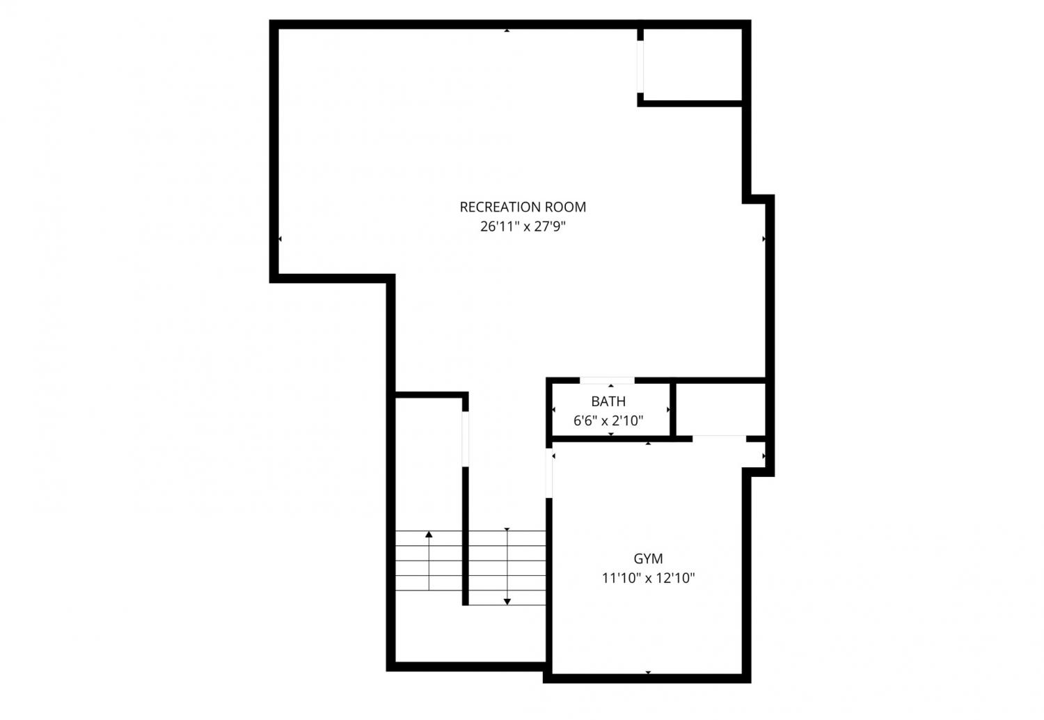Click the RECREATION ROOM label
[x=523, y=207]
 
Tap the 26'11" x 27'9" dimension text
[x=523, y=226]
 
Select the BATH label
[x=608, y=401]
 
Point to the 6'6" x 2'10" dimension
[x=608, y=421]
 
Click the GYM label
[x=648, y=558]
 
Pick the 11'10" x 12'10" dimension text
[x=648, y=578]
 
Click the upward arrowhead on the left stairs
[x=429, y=534]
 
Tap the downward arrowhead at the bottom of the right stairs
[x=507, y=602]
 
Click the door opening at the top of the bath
[x=607, y=380]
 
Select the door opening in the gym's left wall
[x=549, y=473]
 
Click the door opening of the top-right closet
[x=640, y=67]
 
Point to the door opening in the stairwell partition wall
[x=465, y=439]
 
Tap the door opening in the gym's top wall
[x=719, y=439]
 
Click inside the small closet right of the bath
[x=720, y=409]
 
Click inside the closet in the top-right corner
[x=693, y=64]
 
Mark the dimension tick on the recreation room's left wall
[x=280, y=239]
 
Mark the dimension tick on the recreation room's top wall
[x=507, y=31]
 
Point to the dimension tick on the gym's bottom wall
[x=648, y=673]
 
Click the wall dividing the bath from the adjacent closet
[x=673, y=409]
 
